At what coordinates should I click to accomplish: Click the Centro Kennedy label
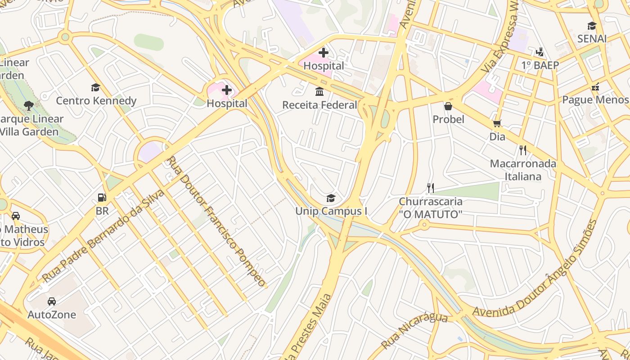96,100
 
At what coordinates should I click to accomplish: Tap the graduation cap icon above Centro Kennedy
95,87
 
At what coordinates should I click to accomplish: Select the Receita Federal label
319,105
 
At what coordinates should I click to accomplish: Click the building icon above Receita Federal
319,92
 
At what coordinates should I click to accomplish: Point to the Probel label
448,119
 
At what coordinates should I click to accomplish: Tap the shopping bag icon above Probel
448,106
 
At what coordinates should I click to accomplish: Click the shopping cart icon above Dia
497,123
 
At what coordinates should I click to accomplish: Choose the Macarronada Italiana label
523,170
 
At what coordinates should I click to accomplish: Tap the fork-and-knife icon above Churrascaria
431,188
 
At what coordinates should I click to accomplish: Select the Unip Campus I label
331,211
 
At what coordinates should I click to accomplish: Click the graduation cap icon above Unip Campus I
331,198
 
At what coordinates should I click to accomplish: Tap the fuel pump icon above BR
102,198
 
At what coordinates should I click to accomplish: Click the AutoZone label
52,315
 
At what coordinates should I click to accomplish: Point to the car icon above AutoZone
52,301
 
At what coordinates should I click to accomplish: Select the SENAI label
592,39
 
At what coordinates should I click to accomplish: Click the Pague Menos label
595,99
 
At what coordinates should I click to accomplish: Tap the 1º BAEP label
540,65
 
